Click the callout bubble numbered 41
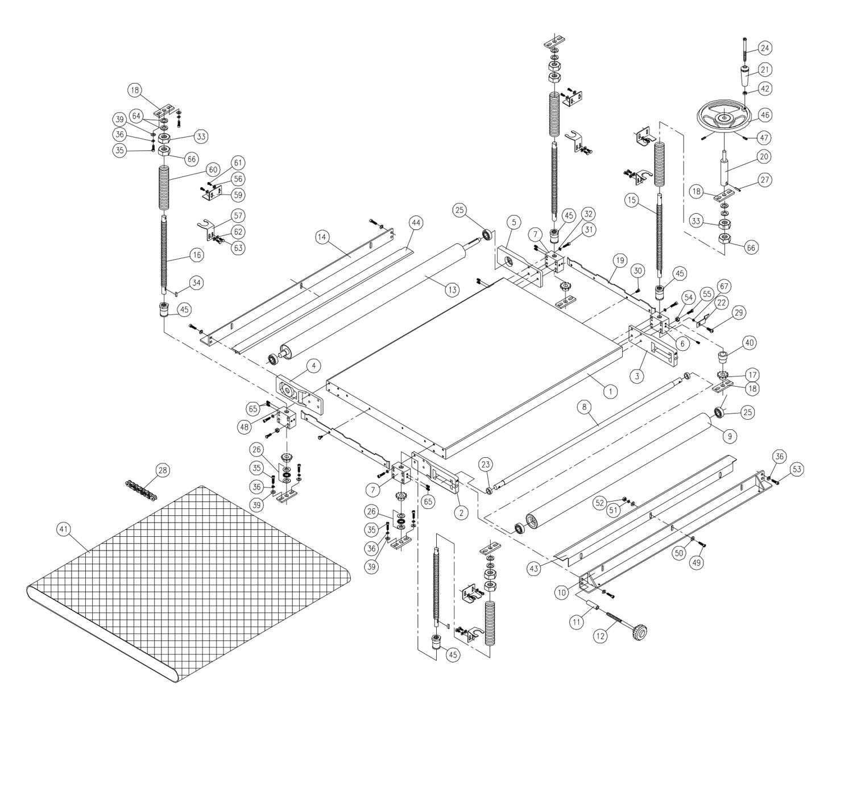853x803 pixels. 63,529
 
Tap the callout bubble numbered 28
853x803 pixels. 163,470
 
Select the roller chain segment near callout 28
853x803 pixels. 139,488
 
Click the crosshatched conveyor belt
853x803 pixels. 188,580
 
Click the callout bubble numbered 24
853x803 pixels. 765,47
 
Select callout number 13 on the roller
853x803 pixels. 451,290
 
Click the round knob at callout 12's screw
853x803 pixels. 640,631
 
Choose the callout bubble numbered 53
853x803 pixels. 797,469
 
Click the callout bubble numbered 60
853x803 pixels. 213,169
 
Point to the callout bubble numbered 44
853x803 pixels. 416,223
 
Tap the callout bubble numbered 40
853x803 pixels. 750,343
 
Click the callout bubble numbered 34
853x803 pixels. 197,283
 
